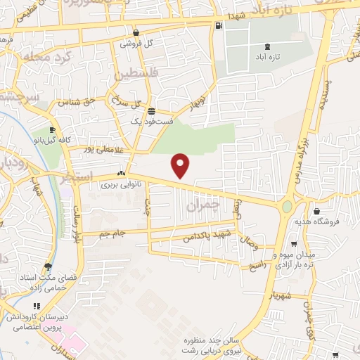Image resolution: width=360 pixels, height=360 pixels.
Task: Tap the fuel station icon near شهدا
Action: [220, 26]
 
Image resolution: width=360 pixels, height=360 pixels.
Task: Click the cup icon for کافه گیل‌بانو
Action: [52, 129]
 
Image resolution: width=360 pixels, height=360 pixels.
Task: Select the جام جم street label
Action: [113, 232]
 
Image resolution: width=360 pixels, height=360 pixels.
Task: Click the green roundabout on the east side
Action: [287, 207]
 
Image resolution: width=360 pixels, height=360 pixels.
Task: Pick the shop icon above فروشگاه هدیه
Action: [318, 211]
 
